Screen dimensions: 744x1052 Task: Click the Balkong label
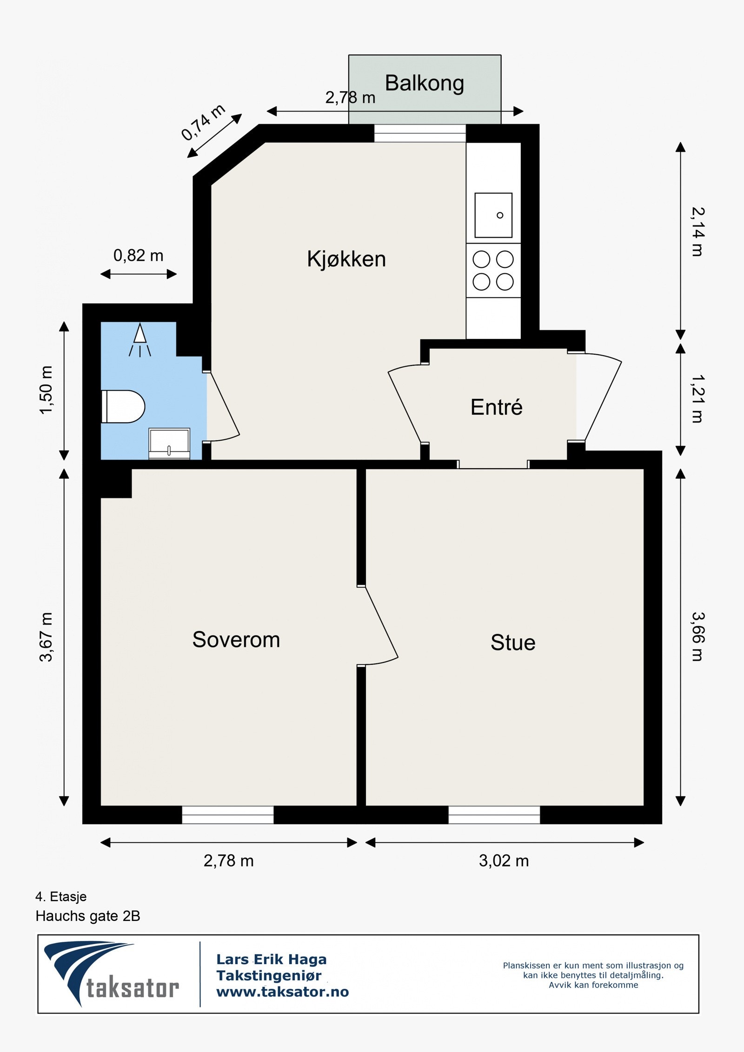coord(425,84)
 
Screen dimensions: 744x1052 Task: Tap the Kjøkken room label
coord(346,259)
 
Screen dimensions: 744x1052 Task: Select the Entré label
coord(497,407)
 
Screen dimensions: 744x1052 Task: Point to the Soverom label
coord(236,640)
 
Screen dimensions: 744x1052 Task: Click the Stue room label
coord(513,642)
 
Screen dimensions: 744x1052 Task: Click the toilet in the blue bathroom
coord(123,406)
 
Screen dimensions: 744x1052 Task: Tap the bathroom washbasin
coord(169,443)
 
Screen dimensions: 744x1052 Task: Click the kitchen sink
coord(493,215)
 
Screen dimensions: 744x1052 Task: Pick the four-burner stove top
coord(493,271)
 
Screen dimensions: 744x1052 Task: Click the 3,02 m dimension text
coord(504,861)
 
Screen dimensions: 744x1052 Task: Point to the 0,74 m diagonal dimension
coord(203,122)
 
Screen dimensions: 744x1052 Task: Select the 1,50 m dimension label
coord(46,390)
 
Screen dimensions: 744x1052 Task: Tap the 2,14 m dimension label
coord(697,232)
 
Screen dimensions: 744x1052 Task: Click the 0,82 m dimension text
coord(139,255)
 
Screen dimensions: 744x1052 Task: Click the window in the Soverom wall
coord(228,815)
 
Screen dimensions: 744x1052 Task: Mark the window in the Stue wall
coord(494,815)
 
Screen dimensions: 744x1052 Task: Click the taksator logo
coord(111,974)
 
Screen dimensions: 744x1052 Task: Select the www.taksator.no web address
coord(283,992)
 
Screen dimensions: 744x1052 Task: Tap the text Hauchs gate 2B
coord(88,916)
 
